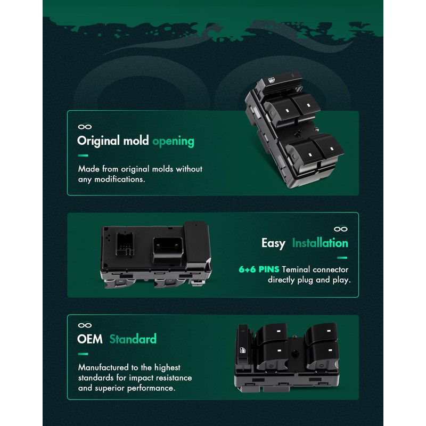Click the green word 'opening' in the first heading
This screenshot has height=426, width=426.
[x=174, y=141]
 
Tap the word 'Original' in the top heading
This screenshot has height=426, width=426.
[x=99, y=141]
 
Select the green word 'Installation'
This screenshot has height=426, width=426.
[x=320, y=243]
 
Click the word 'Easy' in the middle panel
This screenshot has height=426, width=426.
[x=273, y=243]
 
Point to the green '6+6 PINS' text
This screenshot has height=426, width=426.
[x=259, y=269]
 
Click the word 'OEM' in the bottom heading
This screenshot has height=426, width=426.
[x=89, y=339]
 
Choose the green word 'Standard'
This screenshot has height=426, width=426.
[x=133, y=339]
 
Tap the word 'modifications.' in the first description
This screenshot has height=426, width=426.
[x=119, y=179]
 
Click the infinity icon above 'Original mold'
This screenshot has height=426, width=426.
[x=85, y=127]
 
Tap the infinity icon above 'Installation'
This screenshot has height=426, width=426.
[x=341, y=229]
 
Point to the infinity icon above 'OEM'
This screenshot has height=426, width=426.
[x=85, y=325]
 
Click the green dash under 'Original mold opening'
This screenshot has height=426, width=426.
[x=83, y=155]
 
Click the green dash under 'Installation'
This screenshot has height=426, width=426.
[x=342, y=258]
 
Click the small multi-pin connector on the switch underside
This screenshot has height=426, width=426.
[x=125, y=243]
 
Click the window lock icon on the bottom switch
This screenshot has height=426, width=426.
[x=242, y=350]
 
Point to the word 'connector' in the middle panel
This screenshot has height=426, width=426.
[x=330, y=269]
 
